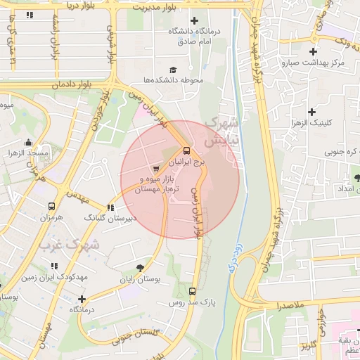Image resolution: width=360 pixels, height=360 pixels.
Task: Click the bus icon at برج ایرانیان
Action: [186, 150]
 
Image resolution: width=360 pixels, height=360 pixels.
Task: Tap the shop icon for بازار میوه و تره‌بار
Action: [155, 169]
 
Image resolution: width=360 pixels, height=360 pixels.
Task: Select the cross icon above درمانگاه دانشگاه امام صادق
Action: [195, 20]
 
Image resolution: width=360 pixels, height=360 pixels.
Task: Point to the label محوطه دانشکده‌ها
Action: [173, 80]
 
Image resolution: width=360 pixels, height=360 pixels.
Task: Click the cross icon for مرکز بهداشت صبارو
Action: [313, 51]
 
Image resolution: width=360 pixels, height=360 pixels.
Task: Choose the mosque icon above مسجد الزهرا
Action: [27, 142]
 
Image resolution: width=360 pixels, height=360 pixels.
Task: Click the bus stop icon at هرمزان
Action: [51, 207]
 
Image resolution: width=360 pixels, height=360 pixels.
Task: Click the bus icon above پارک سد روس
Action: [193, 291]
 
